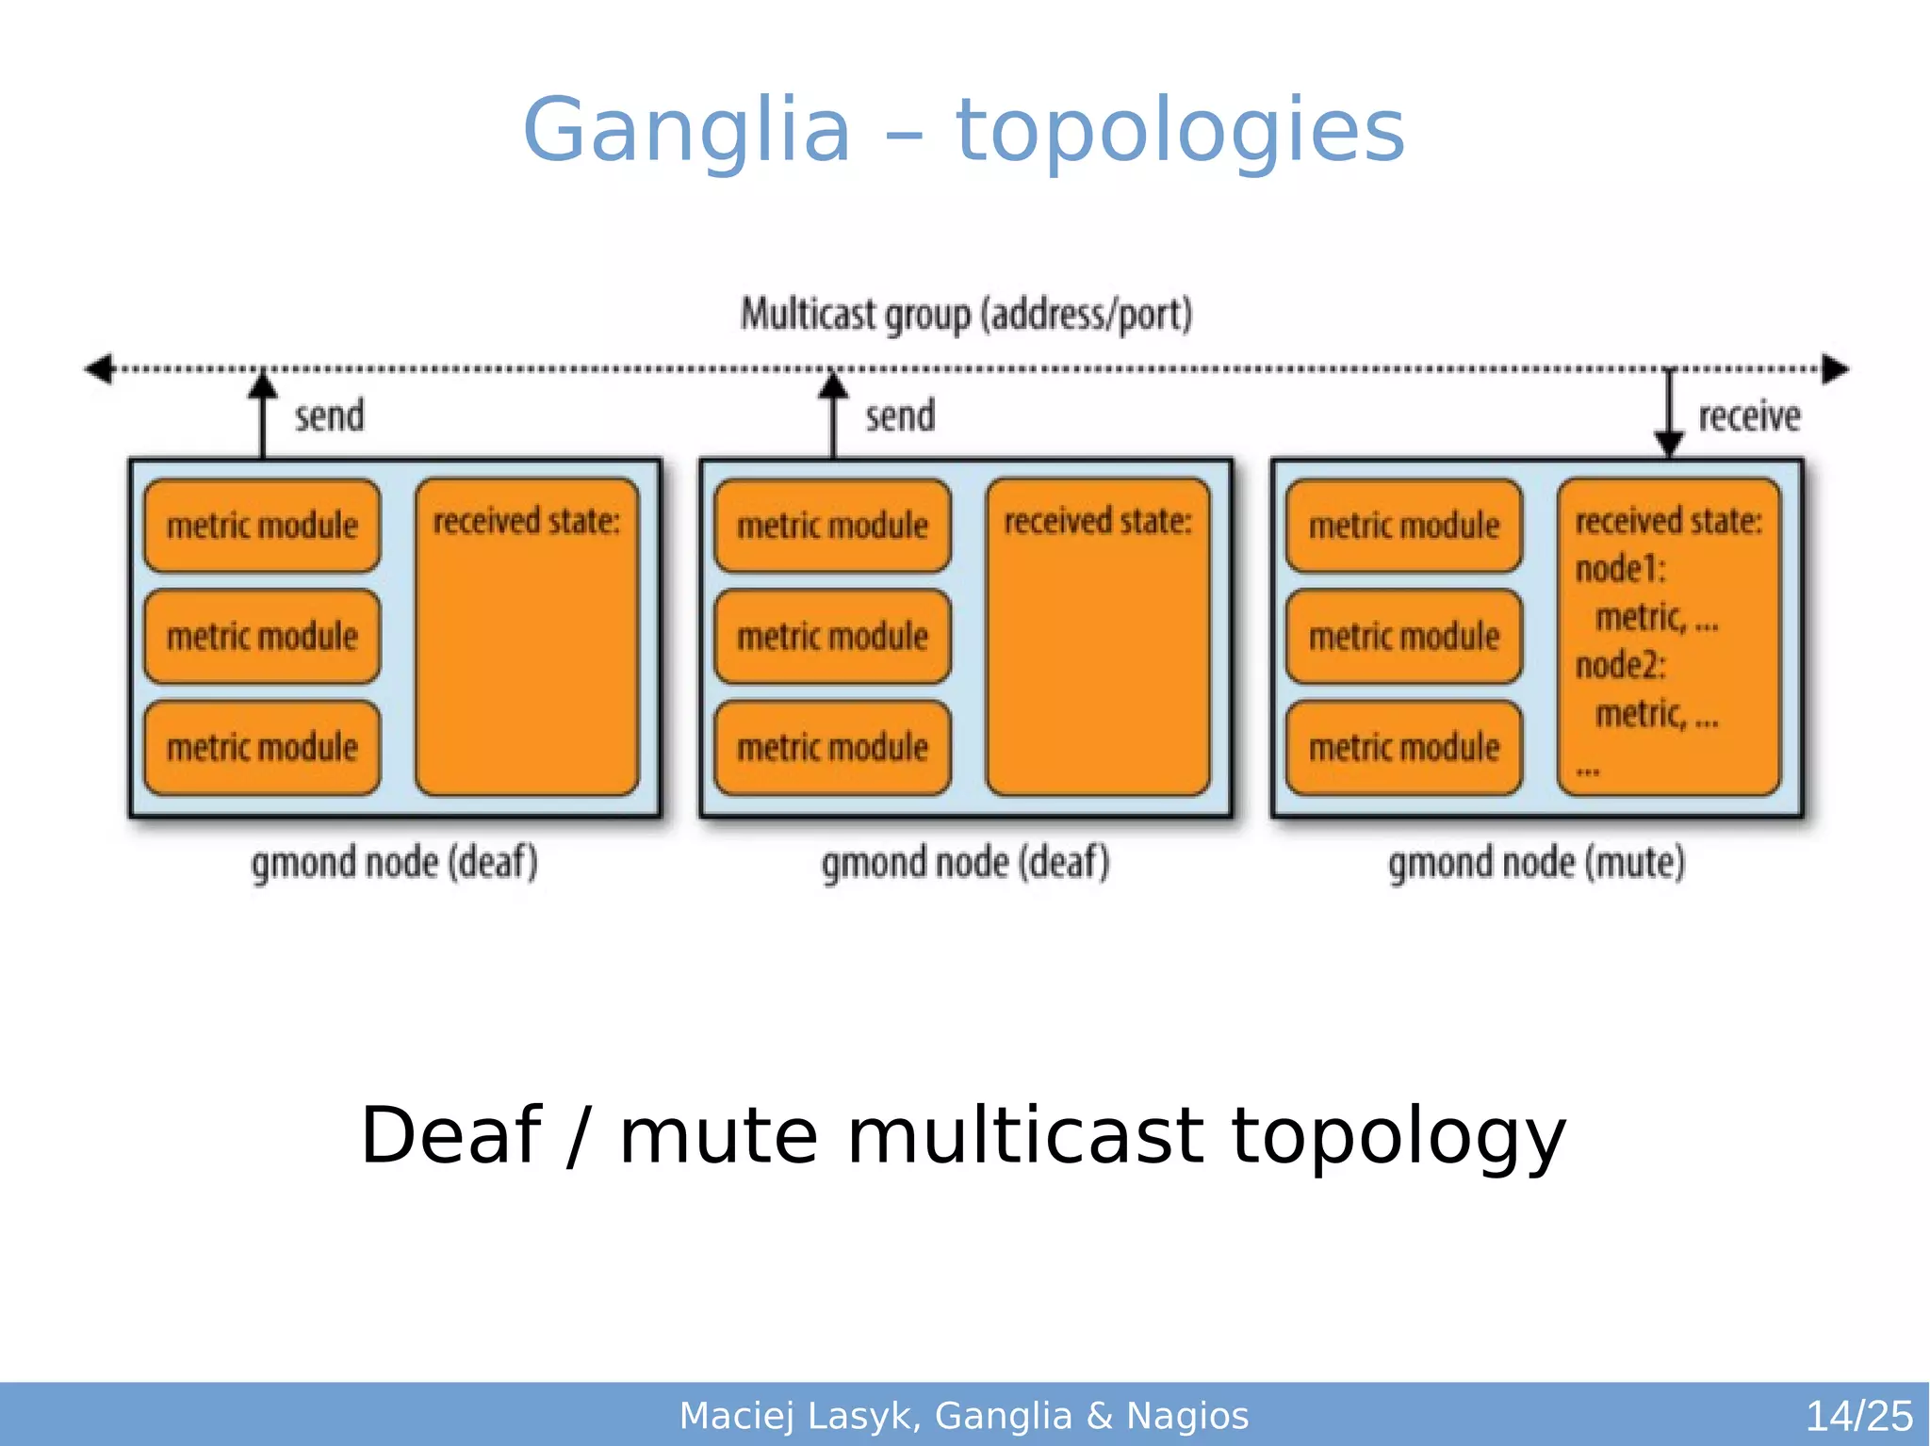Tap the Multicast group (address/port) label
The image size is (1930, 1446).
pyautogui.click(x=966, y=315)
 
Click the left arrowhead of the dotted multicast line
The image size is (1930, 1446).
pyautogui.click(x=99, y=368)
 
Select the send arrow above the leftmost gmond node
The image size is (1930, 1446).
pyautogui.click(x=263, y=414)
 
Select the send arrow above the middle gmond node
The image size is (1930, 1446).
pyautogui.click(x=833, y=414)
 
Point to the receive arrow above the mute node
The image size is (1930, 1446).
pyautogui.click(x=1669, y=414)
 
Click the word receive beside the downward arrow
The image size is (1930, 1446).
pyautogui.click(x=1749, y=415)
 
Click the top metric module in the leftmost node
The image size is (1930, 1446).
pyautogui.click(x=262, y=526)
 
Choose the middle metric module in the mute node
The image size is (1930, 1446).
pyautogui.click(x=1403, y=637)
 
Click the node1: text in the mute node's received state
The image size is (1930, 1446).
pyautogui.click(x=1620, y=569)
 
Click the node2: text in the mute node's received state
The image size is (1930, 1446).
pyautogui.click(x=1620, y=665)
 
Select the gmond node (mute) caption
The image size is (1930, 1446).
pyautogui.click(x=1536, y=863)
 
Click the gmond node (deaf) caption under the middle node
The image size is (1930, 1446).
pyautogui.click(x=965, y=863)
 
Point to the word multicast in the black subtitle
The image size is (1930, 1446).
pyautogui.click(x=1024, y=1135)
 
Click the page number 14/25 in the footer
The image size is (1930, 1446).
pyautogui.click(x=1858, y=1416)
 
